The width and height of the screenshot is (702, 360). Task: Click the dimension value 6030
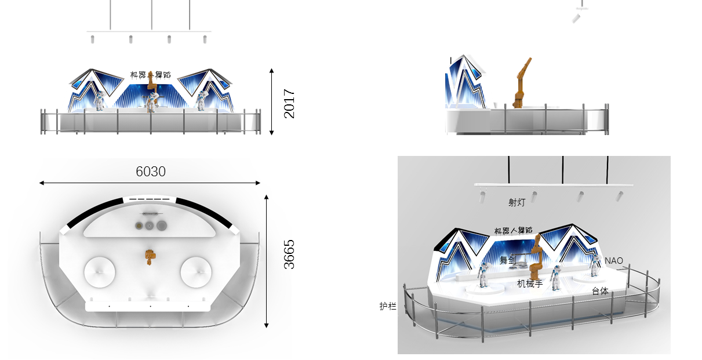[151, 172]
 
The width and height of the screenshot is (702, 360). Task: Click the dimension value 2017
[289, 103]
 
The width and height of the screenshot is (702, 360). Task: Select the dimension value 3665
[289, 254]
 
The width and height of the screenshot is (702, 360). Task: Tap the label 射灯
[517, 202]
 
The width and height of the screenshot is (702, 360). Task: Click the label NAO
[614, 261]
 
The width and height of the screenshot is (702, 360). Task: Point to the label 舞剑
[508, 260]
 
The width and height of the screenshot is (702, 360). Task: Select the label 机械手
[530, 283]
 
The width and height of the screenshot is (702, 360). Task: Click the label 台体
[600, 291]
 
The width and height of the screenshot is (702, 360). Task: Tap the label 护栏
[388, 306]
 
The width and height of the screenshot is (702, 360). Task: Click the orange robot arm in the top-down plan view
[150, 257]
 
